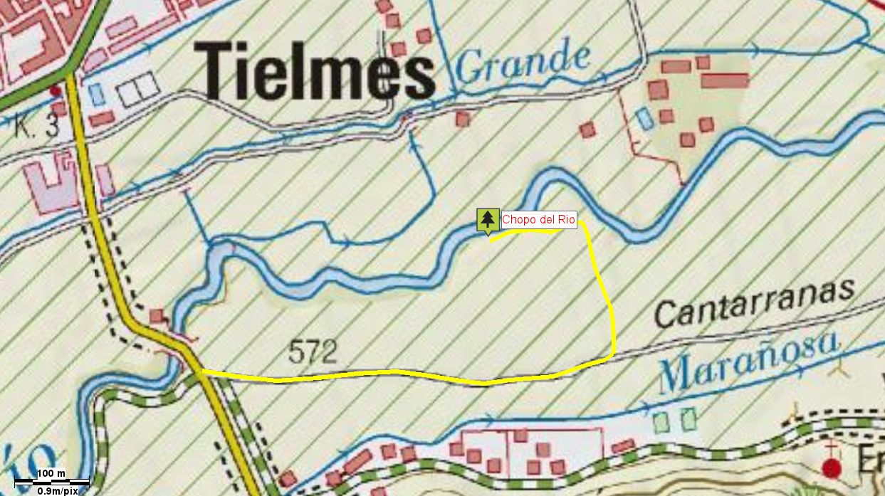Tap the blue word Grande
[523, 62]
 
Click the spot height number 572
[313, 351]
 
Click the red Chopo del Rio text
[538, 219]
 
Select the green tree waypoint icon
[487, 219]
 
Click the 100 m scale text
[51, 473]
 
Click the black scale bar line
[51, 482]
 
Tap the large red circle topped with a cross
[831, 467]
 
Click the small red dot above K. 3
[56, 91]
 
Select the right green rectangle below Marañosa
[688, 418]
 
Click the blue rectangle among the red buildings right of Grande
[644, 117]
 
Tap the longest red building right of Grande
[724, 80]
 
